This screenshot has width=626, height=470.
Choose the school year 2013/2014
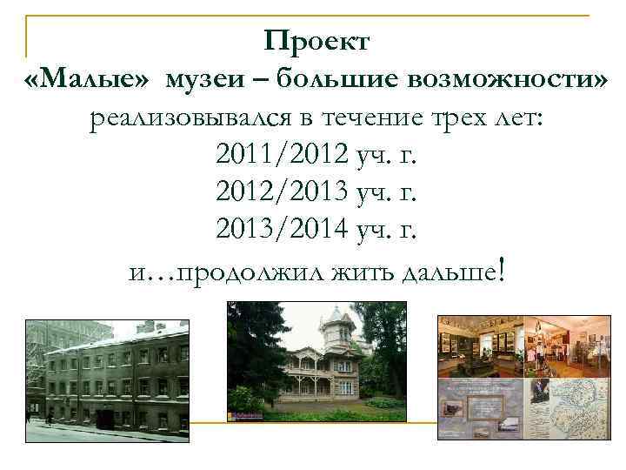tap(279, 231)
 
